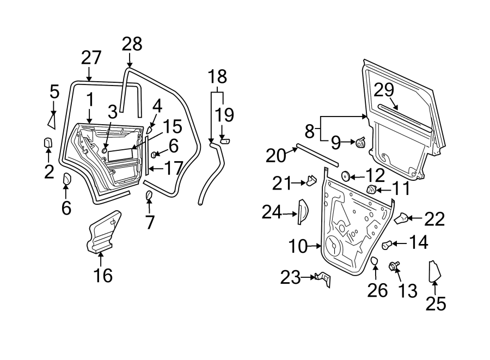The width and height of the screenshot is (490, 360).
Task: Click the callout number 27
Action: tap(91, 58)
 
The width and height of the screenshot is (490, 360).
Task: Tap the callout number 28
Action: tap(131, 44)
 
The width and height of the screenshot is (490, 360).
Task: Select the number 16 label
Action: tap(102, 276)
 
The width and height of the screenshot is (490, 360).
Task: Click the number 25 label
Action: tap(436, 303)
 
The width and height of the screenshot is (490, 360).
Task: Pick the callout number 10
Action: tap(298, 247)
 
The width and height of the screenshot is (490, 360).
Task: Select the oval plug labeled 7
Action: tap(149, 196)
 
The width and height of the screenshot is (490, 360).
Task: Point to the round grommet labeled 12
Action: tap(344, 176)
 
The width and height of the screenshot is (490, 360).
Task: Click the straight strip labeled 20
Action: tap(317, 155)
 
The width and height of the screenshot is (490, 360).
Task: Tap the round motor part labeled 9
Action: tap(361, 143)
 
